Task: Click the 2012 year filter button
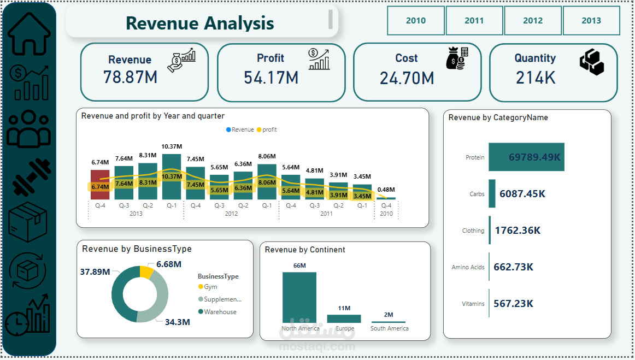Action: click(x=532, y=21)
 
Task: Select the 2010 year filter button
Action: click(x=416, y=21)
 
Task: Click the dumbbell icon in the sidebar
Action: click(x=31, y=178)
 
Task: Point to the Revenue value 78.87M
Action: click(x=130, y=77)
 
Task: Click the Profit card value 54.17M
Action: click(x=271, y=78)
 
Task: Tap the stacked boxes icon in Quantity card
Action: click(x=592, y=62)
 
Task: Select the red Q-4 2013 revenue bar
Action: click(x=100, y=184)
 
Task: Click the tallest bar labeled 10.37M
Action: click(x=172, y=176)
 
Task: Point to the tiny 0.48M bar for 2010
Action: click(x=386, y=198)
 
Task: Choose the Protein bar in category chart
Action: click(x=526, y=157)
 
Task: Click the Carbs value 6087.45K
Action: click(x=522, y=194)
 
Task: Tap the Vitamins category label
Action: click(x=473, y=304)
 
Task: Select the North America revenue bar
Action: click(x=299, y=297)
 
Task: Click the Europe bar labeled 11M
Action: click(x=344, y=318)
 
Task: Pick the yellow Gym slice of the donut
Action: click(x=146, y=272)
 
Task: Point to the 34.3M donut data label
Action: click(x=178, y=322)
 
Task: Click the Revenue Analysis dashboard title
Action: click(x=200, y=23)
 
